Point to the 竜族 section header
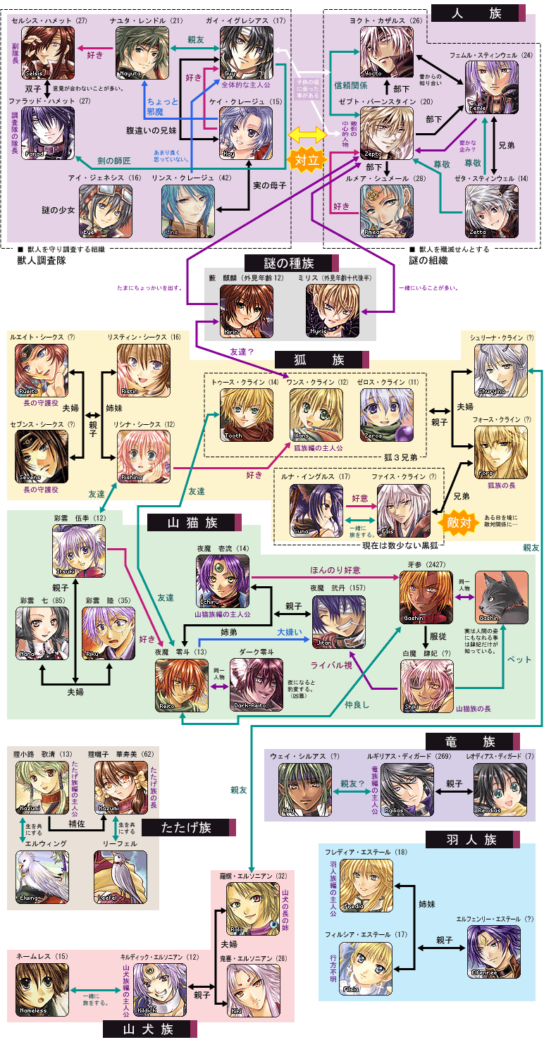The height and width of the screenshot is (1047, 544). pyautogui.click(x=473, y=741)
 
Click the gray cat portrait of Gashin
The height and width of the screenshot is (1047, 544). pyautogui.click(x=501, y=597)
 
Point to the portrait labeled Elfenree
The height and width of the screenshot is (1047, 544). pyautogui.click(x=493, y=952)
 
